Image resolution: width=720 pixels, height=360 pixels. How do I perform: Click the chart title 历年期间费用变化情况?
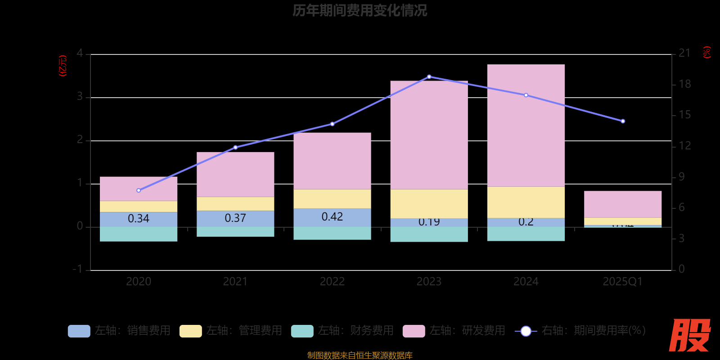tap(360, 10)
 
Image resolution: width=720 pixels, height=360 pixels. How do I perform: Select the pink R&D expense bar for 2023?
tap(429, 135)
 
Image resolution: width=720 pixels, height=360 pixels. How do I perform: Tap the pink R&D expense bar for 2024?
tap(526, 126)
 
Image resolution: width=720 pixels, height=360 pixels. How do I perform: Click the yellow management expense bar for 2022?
tap(332, 198)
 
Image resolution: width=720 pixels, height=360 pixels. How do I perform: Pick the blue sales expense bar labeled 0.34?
tap(138, 219)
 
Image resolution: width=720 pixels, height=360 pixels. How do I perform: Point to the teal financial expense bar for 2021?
tap(235, 232)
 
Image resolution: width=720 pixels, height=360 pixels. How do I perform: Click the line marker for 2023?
tap(429, 77)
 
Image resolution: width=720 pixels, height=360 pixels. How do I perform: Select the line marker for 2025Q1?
tap(623, 121)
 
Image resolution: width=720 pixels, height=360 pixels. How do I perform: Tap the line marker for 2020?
tap(139, 190)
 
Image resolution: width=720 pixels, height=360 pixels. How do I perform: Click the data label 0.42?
tap(332, 217)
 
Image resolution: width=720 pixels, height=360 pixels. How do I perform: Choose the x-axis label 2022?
tap(332, 282)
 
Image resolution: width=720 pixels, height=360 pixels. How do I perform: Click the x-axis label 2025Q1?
tap(623, 282)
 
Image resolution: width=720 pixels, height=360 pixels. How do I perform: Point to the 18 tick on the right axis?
tap(684, 84)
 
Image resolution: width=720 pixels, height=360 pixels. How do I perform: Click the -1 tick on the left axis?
tap(78, 269)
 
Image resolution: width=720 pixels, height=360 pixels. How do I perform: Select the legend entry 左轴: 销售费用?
tap(119, 331)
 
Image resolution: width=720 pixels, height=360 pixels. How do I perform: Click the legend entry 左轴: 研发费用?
tap(454, 331)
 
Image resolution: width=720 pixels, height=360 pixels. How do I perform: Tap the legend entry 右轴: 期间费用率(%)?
tap(580, 331)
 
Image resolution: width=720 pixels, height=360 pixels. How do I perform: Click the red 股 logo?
tap(689, 335)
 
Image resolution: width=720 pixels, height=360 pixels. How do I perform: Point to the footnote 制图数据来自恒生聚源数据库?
tap(360, 355)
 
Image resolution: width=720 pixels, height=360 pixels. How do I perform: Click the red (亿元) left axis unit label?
tap(63, 66)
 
